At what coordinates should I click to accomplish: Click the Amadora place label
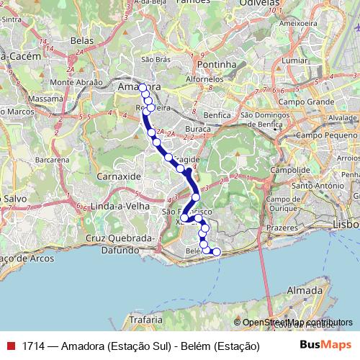coord(138,87)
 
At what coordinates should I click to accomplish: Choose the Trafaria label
coord(148,318)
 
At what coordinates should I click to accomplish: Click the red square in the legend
coord(10,346)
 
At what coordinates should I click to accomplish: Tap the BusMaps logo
coord(325,346)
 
